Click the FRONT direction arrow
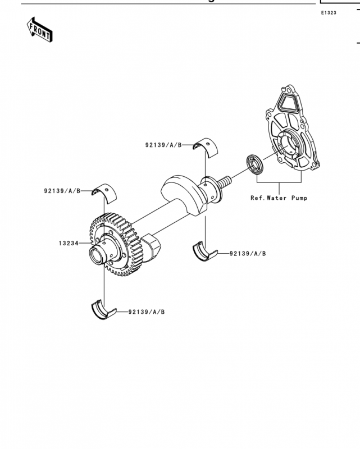(x=39, y=30)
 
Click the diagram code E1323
(x=329, y=13)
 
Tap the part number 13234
(x=69, y=244)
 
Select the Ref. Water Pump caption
(x=279, y=198)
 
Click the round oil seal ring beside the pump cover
(x=254, y=164)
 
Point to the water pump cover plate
(x=293, y=129)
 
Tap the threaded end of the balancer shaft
(x=225, y=181)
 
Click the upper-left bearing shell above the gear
(x=104, y=193)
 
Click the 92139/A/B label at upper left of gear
(x=62, y=191)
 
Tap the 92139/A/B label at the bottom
(x=147, y=312)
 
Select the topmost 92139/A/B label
(x=163, y=145)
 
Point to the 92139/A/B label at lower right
(x=248, y=254)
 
